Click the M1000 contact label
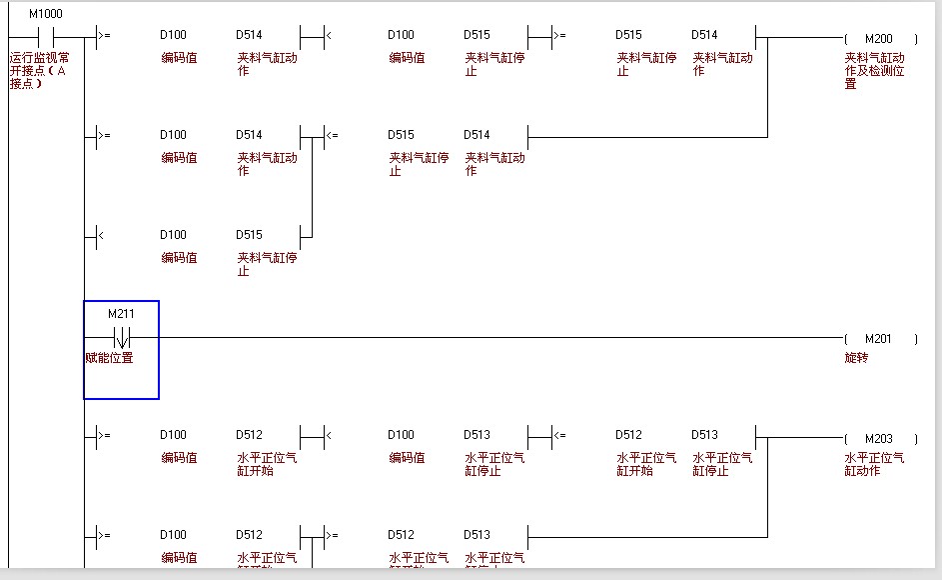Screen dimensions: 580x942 coord(45,14)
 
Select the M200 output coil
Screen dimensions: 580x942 coord(879,39)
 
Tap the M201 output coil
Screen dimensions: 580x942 coord(879,339)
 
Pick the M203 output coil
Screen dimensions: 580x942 coord(879,439)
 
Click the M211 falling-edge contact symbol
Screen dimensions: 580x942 coord(121,338)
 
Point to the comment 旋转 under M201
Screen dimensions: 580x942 coord(856,358)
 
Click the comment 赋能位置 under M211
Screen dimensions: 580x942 coord(109,358)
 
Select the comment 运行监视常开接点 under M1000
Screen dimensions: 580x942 coord(40,70)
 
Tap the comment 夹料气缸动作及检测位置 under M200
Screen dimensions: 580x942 coord(874,70)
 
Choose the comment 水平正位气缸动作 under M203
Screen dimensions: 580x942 coord(874,464)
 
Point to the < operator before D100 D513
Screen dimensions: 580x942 coord(329,435)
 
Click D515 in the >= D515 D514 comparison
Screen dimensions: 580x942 coord(628,35)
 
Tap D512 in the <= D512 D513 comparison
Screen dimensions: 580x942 coord(628,435)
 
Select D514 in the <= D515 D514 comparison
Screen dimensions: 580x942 coord(476,135)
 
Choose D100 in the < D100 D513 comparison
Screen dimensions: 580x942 coord(401,435)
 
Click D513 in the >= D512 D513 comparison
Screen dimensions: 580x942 coord(476,535)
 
